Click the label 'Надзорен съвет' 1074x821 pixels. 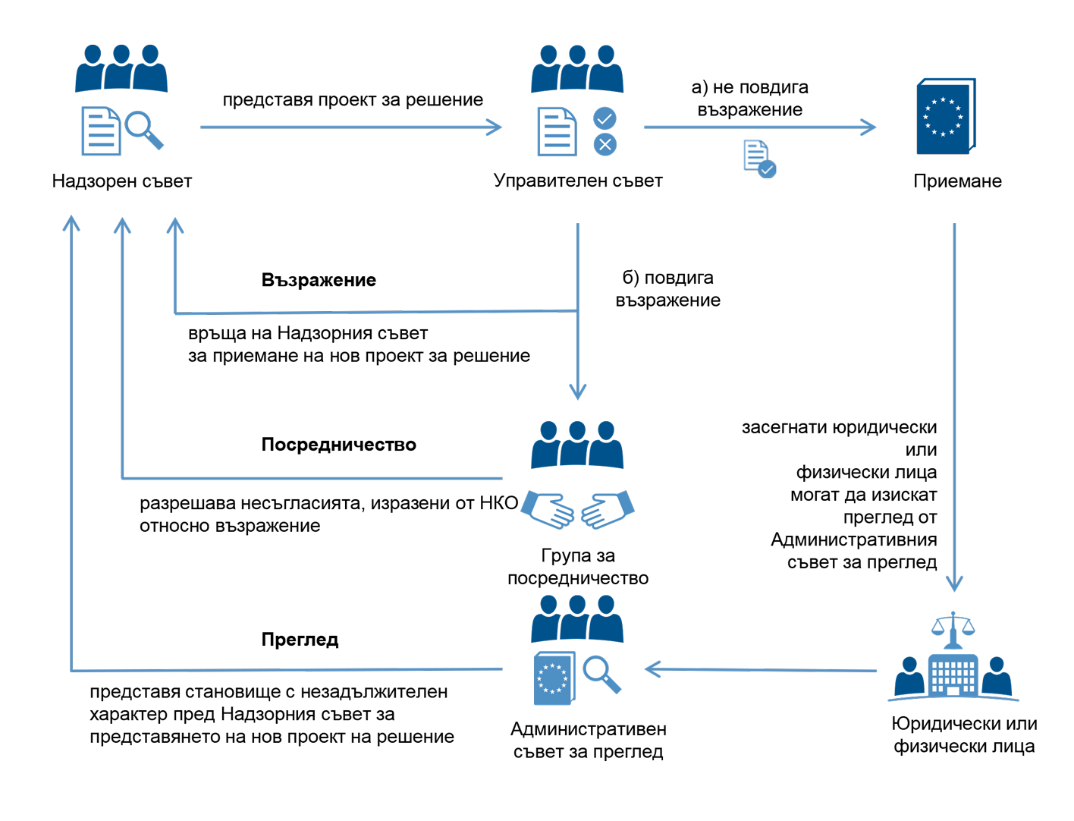pos(121,181)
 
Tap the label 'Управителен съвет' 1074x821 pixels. pos(578,181)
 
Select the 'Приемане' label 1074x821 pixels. pos(957,181)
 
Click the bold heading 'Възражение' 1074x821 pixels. pos(319,280)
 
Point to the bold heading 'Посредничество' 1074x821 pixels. pos(338,445)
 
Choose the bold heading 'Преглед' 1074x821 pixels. pos(300,640)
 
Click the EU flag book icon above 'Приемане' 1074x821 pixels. pos(945,117)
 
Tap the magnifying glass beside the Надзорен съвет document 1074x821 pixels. pos(143,130)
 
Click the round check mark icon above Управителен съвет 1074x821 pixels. pos(605,118)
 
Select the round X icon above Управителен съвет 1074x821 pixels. pos(605,144)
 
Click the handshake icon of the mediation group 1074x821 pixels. pos(578,510)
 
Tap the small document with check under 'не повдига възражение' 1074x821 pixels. pos(758,159)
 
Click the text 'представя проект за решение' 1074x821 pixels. pos(353,100)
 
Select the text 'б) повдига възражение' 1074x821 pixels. pos(667,289)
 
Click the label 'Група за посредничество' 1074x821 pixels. pos(578,567)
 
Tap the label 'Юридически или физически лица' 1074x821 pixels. pos(964,734)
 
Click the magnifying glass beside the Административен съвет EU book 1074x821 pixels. pos(601,674)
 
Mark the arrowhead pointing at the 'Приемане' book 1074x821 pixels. pos(869,127)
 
